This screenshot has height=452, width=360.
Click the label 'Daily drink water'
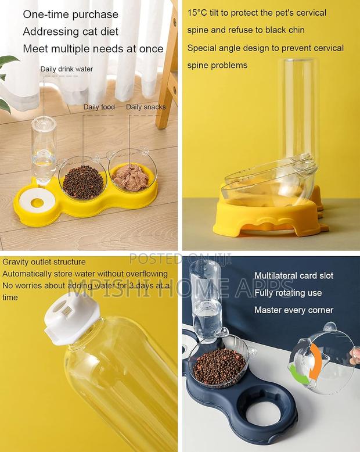(x=66, y=69)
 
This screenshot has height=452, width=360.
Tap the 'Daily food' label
(x=99, y=107)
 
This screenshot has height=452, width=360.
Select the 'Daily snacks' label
(x=146, y=107)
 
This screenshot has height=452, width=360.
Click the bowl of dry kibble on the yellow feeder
(x=83, y=181)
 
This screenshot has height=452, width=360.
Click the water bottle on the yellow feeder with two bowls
(x=44, y=148)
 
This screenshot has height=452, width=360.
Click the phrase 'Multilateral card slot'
(x=294, y=275)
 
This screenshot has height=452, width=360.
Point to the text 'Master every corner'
(x=294, y=310)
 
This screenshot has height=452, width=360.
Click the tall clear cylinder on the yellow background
(x=297, y=110)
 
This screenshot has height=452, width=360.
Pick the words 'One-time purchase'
(x=70, y=15)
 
